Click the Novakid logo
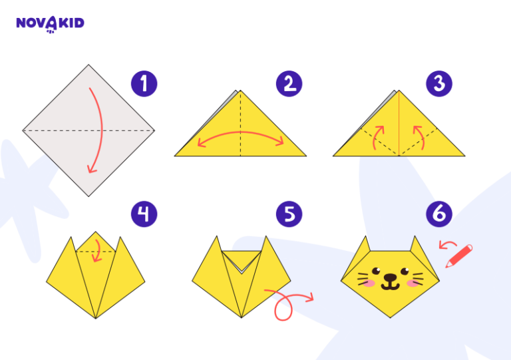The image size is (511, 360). pyautogui.click(x=50, y=24)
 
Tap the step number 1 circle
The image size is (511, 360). pyautogui.click(x=144, y=84)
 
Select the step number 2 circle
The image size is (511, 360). pyautogui.click(x=289, y=84)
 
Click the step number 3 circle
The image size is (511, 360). pyautogui.click(x=439, y=84)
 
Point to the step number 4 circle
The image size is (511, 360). pyautogui.click(x=144, y=214)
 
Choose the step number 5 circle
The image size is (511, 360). pyautogui.click(x=289, y=214)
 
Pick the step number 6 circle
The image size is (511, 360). pyautogui.click(x=439, y=214)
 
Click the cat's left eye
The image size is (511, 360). pyautogui.click(x=377, y=271)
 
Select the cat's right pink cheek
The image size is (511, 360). pyautogui.click(x=415, y=283)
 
